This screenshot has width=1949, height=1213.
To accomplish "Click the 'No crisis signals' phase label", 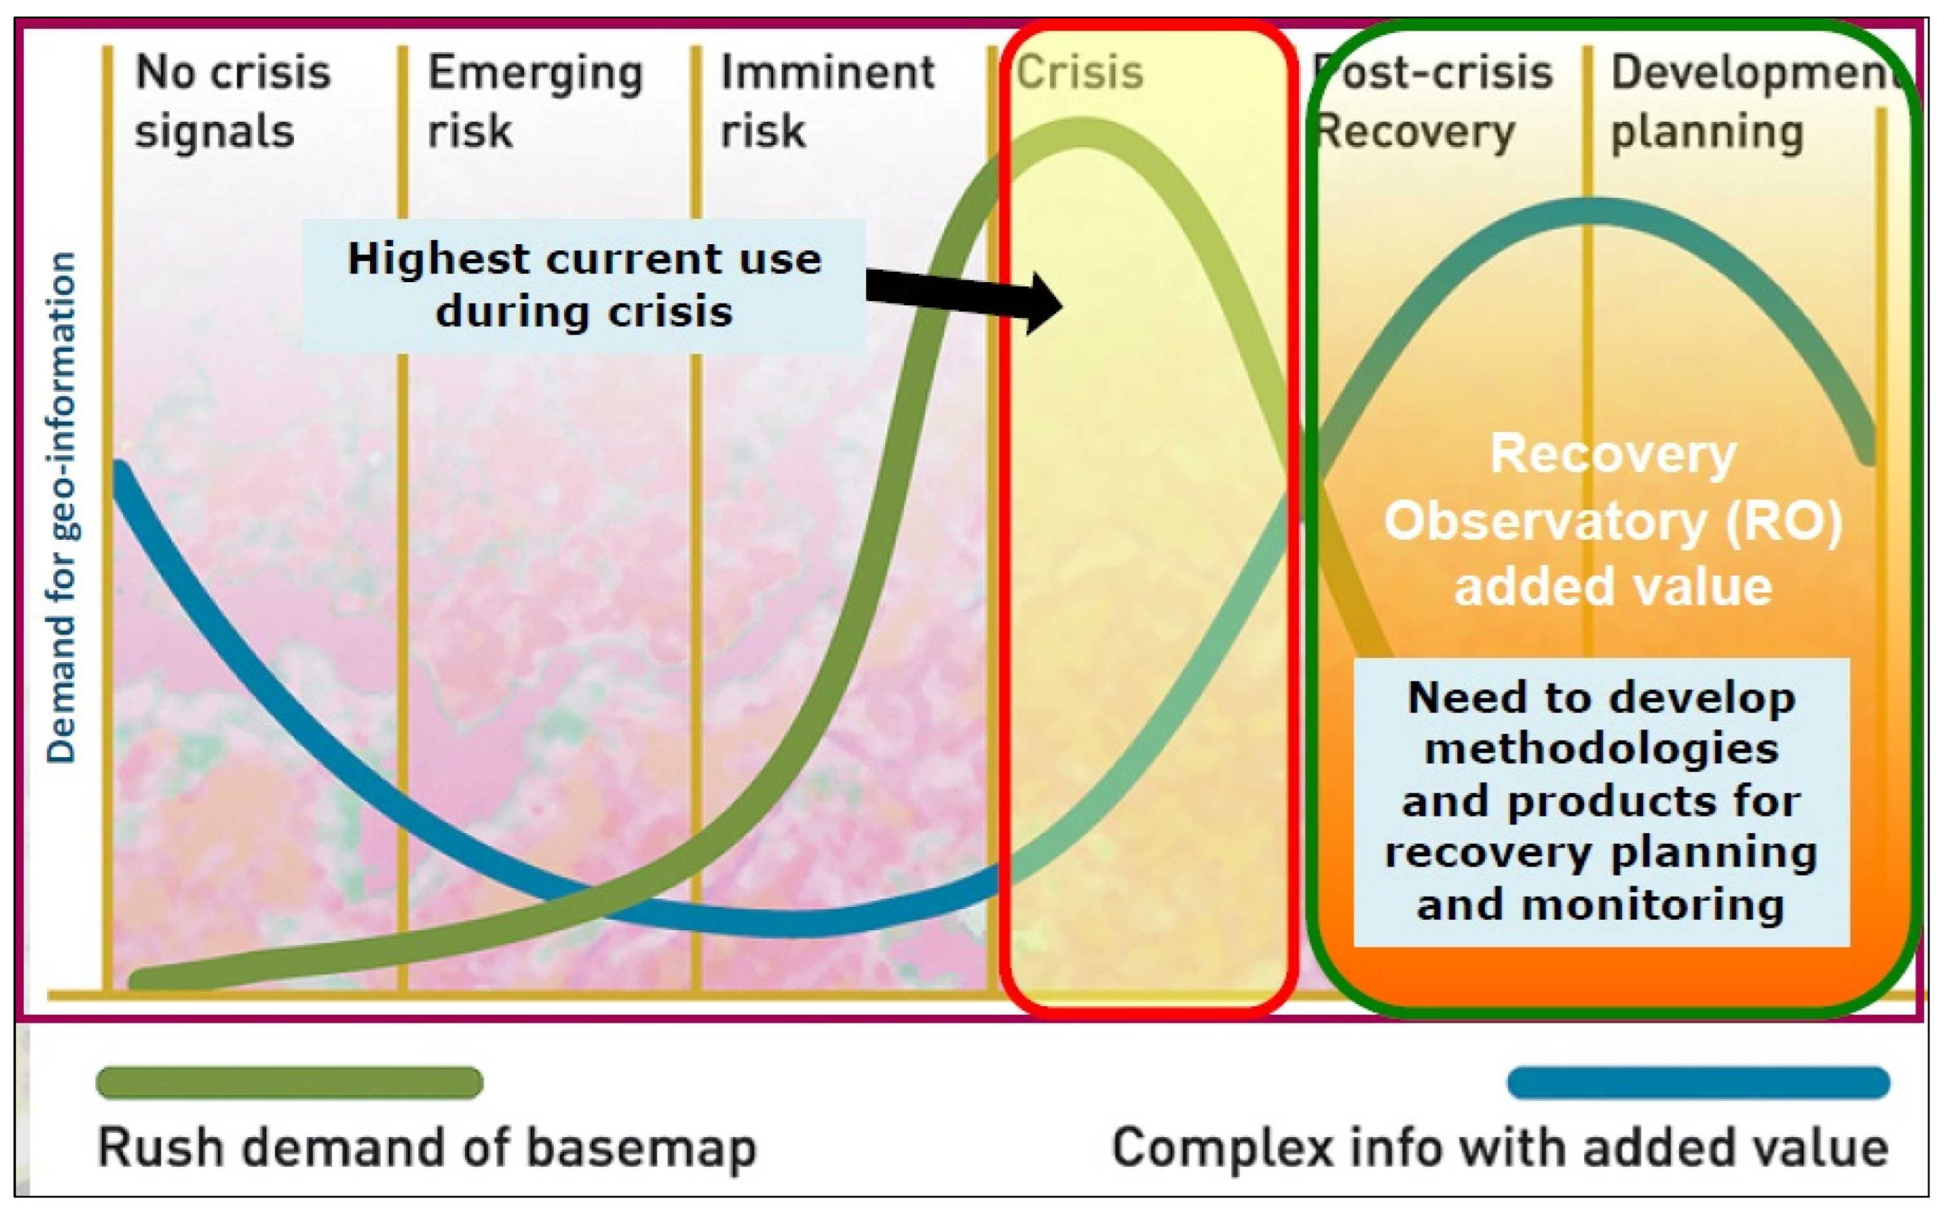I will (x=233, y=101).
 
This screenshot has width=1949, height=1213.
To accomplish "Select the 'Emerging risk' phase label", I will (x=534, y=101).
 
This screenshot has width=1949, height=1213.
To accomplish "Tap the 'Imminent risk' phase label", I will (x=827, y=101).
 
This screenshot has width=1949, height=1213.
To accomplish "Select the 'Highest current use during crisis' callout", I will (x=583, y=285).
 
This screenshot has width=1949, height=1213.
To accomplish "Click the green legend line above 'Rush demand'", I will (x=289, y=1082).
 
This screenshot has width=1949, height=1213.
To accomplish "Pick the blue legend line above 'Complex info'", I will (x=1698, y=1082).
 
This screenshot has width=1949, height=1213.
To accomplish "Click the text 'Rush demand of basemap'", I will (x=427, y=1148).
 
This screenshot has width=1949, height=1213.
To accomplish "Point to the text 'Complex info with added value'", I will (x=1500, y=1148).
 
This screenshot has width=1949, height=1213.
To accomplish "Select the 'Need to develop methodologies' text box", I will (x=1601, y=801).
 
